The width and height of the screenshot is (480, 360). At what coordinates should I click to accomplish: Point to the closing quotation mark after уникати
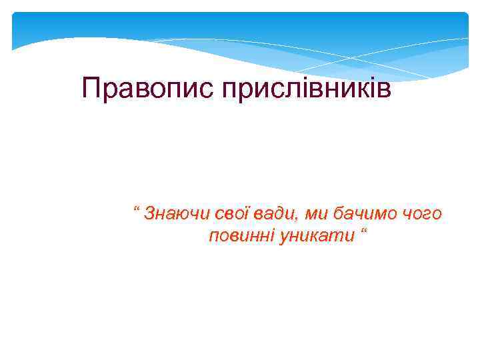click(x=364, y=231)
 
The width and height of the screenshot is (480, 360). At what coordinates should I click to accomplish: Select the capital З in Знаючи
click(x=150, y=213)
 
